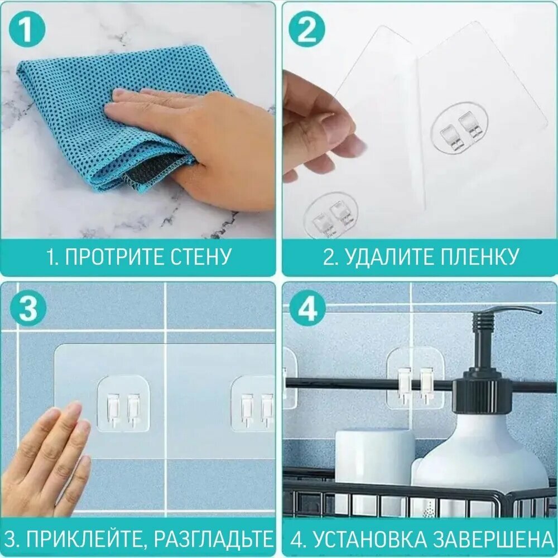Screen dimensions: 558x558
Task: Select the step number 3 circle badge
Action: pyautogui.click(x=26, y=310)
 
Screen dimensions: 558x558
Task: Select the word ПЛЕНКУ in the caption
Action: pyautogui.click(x=479, y=257)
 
